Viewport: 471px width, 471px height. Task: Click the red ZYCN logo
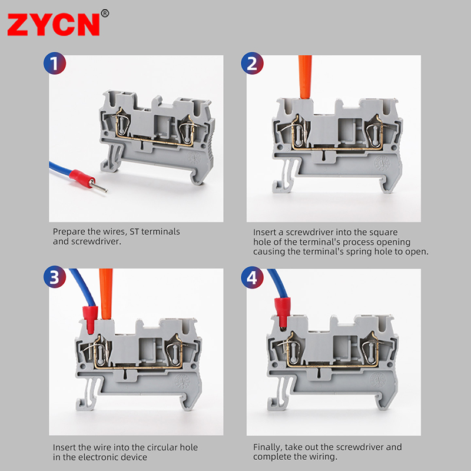point(54,25)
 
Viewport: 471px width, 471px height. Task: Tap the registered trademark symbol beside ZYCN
point(105,14)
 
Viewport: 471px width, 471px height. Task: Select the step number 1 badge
point(55,63)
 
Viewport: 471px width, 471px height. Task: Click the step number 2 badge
point(252,64)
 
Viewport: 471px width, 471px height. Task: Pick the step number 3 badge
point(55,277)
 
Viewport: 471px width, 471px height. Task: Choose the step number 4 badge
point(252,277)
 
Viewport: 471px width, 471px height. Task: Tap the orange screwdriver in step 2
point(306,77)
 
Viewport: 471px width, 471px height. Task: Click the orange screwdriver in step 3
point(107,294)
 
